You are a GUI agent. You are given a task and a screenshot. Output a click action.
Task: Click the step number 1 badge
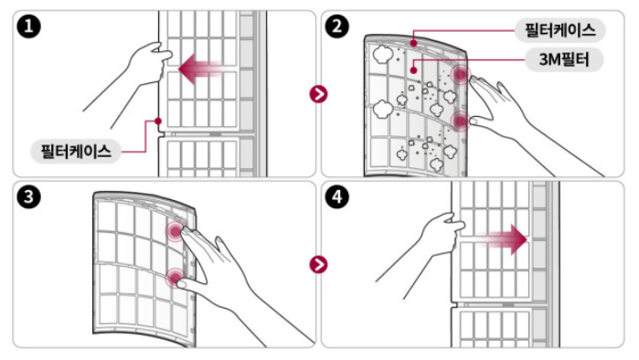(28, 26)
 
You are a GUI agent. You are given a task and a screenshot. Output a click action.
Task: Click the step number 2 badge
(337, 26)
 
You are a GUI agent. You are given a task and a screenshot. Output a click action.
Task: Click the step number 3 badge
(28, 197)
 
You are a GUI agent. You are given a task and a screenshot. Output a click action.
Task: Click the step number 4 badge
(337, 197)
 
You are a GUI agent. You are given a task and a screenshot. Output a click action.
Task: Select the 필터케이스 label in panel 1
(76, 152)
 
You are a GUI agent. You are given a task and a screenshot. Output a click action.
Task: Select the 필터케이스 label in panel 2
(560, 30)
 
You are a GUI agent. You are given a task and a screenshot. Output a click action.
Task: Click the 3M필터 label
(564, 59)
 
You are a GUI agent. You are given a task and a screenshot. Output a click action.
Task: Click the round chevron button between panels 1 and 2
(318, 94)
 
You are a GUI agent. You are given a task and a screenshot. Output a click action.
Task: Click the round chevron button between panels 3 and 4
(318, 265)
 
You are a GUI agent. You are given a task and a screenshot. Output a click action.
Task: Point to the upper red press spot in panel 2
(461, 75)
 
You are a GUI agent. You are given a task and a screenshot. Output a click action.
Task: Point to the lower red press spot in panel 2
(461, 121)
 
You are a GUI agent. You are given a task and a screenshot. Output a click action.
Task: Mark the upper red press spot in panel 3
(176, 232)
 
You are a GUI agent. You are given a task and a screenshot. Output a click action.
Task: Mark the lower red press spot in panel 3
(176, 278)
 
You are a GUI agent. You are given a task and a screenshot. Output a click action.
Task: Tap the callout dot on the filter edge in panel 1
(158, 121)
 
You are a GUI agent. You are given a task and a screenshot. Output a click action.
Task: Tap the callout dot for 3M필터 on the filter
(413, 70)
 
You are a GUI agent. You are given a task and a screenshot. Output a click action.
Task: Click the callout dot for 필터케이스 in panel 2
(413, 43)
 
